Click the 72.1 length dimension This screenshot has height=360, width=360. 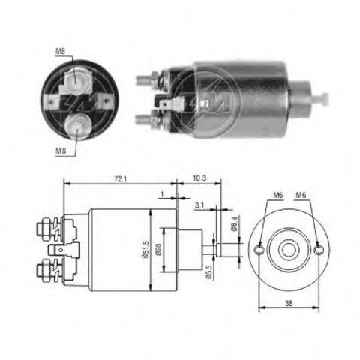121,179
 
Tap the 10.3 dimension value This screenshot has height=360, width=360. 199,178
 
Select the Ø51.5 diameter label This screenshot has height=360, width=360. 145,250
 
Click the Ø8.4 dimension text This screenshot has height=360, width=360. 235,223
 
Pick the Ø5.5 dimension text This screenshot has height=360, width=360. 208,271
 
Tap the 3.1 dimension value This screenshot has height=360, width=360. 199,205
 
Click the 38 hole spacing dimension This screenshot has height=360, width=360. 289,303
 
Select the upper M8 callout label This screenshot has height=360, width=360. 60,51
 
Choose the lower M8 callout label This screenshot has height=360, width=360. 61,151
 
